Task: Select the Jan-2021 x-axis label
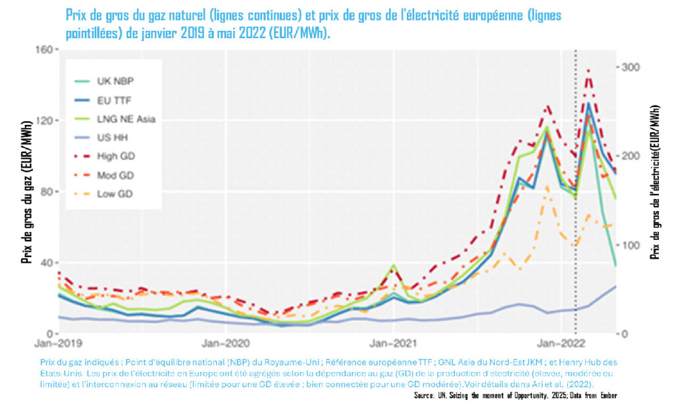394,344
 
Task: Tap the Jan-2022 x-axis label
561,344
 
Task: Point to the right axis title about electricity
656,183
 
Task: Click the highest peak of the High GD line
588,70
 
